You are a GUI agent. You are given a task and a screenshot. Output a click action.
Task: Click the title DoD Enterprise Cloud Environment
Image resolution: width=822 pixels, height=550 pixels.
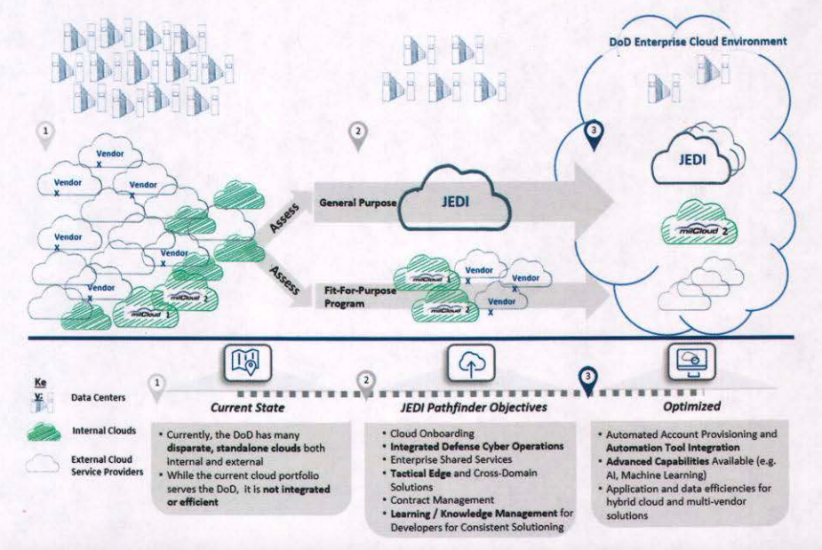click(698, 41)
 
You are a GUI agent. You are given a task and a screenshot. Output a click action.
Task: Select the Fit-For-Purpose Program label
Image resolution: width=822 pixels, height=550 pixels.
click(351, 296)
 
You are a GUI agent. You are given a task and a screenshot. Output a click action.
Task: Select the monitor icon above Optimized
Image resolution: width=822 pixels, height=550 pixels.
click(694, 361)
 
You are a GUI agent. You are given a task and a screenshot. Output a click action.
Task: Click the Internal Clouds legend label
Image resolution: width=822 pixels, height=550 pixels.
click(103, 433)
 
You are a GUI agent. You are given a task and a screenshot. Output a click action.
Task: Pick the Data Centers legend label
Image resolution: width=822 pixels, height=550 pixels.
click(99, 399)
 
